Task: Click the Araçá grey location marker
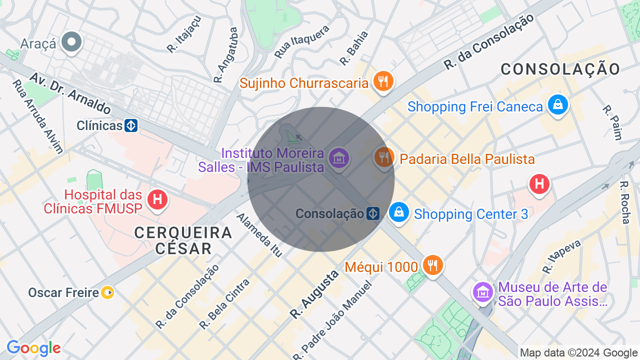click(x=71, y=42)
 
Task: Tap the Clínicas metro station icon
click(x=131, y=125)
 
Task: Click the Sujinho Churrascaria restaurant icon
click(x=383, y=81)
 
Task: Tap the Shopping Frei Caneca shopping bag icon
click(x=557, y=105)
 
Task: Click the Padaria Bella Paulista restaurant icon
click(x=384, y=157)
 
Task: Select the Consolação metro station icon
click(x=372, y=213)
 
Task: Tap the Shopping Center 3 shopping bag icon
click(x=399, y=212)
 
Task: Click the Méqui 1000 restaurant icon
click(x=432, y=264)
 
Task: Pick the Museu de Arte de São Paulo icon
click(x=483, y=291)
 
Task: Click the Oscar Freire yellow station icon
click(x=107, y=292)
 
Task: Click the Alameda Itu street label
click(x=259, y=234)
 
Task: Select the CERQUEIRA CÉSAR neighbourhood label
click(x=183, y=240)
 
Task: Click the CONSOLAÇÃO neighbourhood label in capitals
click(x=560, y=69)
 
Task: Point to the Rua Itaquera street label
click(x=302, y=40)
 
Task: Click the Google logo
click(x=33, y=348)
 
